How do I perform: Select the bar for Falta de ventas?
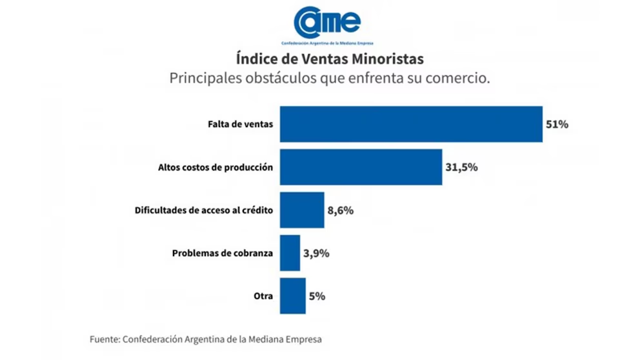[x=410, y=125]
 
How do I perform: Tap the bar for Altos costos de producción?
[x=361, y=167]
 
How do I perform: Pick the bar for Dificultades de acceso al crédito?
[x=302, y=210]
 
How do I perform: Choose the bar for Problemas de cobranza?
[x=290, y=253]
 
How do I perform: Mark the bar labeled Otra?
[x=292, y=296]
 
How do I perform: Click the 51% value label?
[x=557, y=125]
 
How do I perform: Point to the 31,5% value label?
[x=461, y=167]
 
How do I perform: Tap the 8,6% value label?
[x=341, y=210]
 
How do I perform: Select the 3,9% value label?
[x=316, y=253]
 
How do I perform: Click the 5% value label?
[x=317, y=296]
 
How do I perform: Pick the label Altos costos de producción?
[x=215, y=167]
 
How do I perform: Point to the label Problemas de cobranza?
[x=223, y=253]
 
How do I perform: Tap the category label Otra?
[x=263, y=296]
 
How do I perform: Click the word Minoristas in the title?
[x=389, y=59]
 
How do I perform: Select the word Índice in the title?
[x=252, y=59]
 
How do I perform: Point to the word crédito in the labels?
[x=256, y=210]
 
